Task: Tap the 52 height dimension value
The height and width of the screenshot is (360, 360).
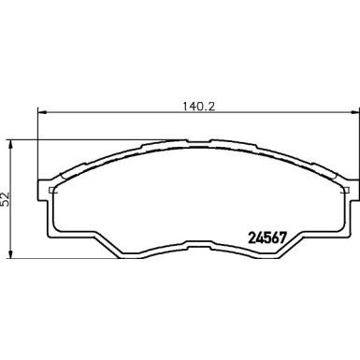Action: click(7, 197)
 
